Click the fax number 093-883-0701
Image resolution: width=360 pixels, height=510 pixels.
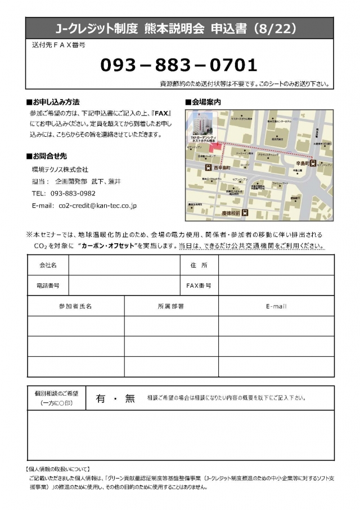coord(178,65)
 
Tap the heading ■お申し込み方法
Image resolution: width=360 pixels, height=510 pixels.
coord(53,102)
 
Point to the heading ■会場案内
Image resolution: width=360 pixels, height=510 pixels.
coord(202,102)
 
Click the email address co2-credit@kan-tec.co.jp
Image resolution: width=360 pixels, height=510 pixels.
coord(97,206)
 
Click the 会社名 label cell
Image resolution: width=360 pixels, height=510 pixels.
coord(48,265)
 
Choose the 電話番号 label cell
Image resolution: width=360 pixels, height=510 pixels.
coord(48,285)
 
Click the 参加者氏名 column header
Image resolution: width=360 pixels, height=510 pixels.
coord(75,306)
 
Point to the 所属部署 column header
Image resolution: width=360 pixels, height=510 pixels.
coord(171,306)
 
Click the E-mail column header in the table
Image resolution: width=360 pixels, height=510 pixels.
coord(276,306)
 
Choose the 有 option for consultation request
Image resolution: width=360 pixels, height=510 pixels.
coord(101,398)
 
